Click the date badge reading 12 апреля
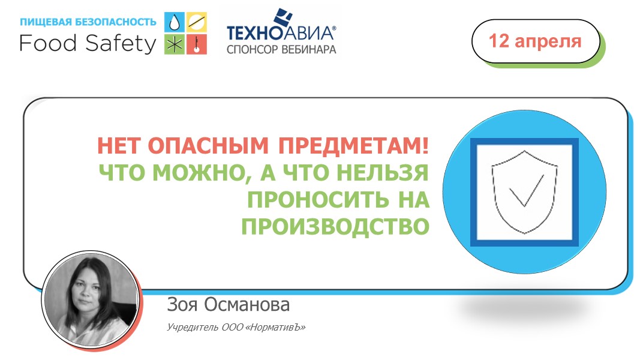click(535, 41)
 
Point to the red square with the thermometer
click(197, 44)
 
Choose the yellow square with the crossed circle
click(197, 23)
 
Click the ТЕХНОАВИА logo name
click(280, 32)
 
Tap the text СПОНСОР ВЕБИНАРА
click(281, 49)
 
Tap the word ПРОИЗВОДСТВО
click(335, 226)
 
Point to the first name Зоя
click(182, 305)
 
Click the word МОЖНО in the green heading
click(200, 173)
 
